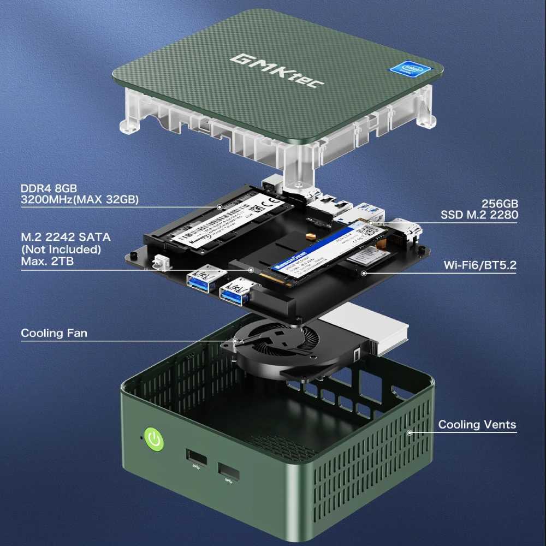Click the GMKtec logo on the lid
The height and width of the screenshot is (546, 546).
[x=277, y=69]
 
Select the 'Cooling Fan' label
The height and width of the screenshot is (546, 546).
[x=54, y=333]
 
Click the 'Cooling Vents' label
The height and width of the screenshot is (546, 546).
[x=477, y=425]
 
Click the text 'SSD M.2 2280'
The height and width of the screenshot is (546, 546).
[x=479, y=215]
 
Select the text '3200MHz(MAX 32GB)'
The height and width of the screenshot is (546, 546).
[x=79, y=200]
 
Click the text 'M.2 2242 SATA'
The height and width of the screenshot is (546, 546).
[x=66, y=238]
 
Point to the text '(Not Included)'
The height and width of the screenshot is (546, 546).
[x=61, y=250]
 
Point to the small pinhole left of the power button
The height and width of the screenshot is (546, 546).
[x=141, y=437]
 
